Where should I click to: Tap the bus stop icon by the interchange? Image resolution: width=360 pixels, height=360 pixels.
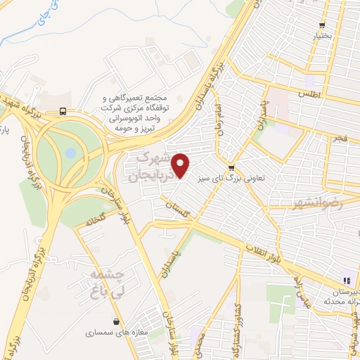click(x=64, y=111)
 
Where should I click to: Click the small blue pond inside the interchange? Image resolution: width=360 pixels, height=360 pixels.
click(x=70, y=153)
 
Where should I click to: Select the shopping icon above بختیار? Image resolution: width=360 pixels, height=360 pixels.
click(x=323, y=23)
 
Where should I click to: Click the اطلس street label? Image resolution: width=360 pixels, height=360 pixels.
click(x=309, y=93)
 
